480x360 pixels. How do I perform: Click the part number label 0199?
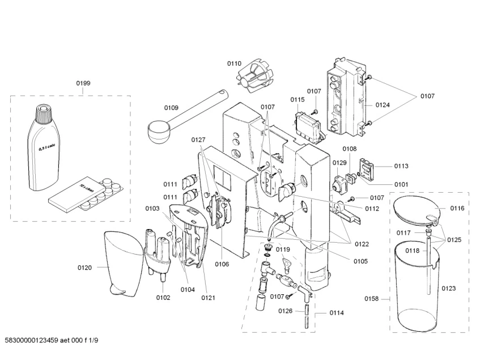[x=83, y=83]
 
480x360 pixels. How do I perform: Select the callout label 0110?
[x=234, y=63]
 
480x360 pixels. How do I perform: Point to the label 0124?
[x=383, y=105]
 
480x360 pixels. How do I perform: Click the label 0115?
[x=298, y=99]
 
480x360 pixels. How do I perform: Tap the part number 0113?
[x=401, y=166]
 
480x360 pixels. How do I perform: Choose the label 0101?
[x=401, y=184]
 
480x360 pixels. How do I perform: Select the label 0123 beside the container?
[x=448, y=288]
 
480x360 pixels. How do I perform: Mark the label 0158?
[x=371, y=298]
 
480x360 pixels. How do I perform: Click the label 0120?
[x=84, y=268]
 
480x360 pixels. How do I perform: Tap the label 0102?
[x=163, y=298]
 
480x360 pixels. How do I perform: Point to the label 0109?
[x=171, y=108]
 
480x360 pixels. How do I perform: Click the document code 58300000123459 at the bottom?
[x=32, y=340]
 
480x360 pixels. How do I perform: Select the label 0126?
[x=285, y=311]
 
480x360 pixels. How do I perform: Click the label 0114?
[x=337, y=313]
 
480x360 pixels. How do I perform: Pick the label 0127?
[x=198, y=140]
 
